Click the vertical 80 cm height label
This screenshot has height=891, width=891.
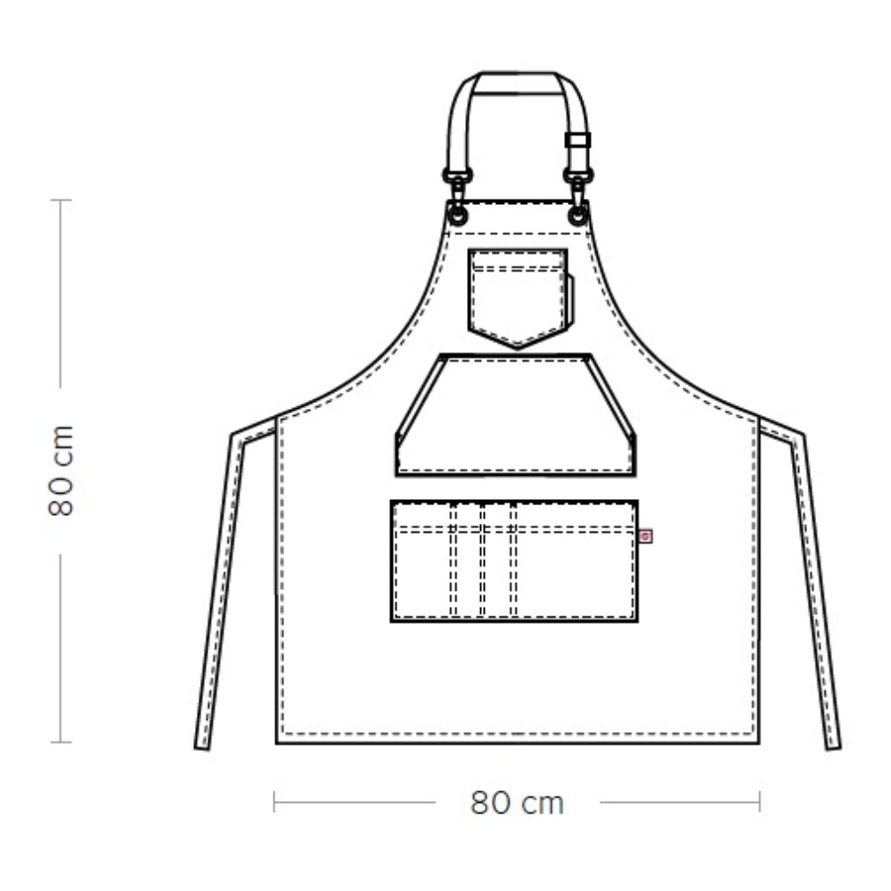pos(61,470)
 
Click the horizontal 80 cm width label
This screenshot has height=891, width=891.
pos(517,803)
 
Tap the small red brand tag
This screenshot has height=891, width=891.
pos(645,535)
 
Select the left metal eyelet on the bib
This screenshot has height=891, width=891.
pos(457,215)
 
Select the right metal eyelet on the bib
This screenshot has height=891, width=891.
pos(578,215)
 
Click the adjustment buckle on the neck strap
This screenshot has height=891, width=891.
pos(578,140)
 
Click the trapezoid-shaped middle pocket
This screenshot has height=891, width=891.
pos(516,415)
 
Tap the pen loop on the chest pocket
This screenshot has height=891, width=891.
pos(570,300)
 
